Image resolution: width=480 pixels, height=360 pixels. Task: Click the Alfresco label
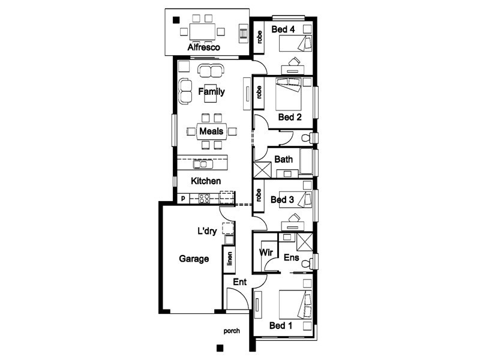204,47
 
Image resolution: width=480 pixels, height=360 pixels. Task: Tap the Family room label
211,92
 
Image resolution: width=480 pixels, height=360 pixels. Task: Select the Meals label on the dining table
211,131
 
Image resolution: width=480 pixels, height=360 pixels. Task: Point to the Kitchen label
206,181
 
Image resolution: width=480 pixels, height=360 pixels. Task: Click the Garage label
194,259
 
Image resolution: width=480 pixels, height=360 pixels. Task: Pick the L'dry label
207,230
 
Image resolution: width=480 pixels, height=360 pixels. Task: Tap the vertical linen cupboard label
229,259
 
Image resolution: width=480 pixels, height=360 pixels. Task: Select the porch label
232,331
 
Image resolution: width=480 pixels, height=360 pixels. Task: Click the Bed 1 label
280,326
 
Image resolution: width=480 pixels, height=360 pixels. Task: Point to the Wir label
266,253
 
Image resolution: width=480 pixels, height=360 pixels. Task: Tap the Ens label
291,257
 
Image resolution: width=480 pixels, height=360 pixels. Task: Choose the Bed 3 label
281,200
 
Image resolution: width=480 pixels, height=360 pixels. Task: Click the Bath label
283,160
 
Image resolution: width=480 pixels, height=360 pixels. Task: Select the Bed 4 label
282,28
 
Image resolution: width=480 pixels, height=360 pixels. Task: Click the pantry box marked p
182,197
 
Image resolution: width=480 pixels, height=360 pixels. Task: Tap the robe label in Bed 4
259,37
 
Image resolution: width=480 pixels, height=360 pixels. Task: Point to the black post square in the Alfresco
176,20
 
